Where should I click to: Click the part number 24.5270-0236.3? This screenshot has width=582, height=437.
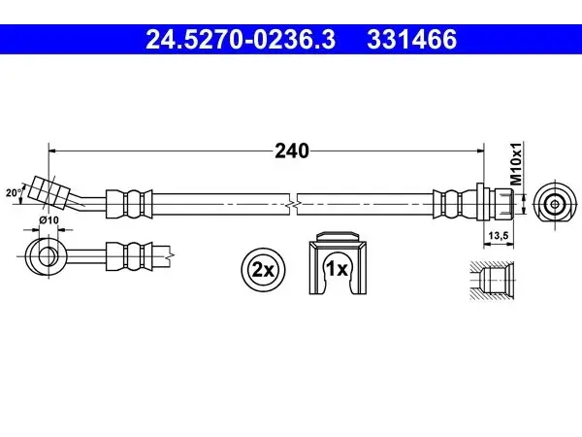pos(241,40)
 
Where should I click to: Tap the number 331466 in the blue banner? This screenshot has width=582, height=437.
pos(411,40)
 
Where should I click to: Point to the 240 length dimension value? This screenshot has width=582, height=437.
pos(292,151)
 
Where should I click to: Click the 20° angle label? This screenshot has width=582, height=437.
pos(14,192)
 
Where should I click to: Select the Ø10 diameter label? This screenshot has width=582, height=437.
pos(48,220)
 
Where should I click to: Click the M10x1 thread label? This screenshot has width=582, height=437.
pos(516,163)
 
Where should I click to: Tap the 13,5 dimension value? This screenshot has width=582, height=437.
pos(499,236)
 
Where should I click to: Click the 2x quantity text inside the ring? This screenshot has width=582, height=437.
pos(263,270)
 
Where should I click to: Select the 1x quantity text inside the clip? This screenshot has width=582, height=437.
pos(337,268)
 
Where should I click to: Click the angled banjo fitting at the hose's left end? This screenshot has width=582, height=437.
pos(49,191)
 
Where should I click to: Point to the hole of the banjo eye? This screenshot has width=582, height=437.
pos(48,256)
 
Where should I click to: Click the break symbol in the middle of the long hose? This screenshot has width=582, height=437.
pos(293,204)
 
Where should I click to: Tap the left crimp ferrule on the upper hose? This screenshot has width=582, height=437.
pos(129,204)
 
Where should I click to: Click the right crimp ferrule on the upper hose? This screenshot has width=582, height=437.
pos(455,204)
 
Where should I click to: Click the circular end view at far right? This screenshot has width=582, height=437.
pos(555,204)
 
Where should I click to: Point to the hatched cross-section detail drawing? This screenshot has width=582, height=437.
pos(492,281)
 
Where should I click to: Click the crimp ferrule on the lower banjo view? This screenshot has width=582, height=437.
pos(129,256)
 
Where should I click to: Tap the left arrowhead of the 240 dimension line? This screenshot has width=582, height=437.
pos(52,151)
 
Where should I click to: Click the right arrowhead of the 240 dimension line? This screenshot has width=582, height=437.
pos(481,151)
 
